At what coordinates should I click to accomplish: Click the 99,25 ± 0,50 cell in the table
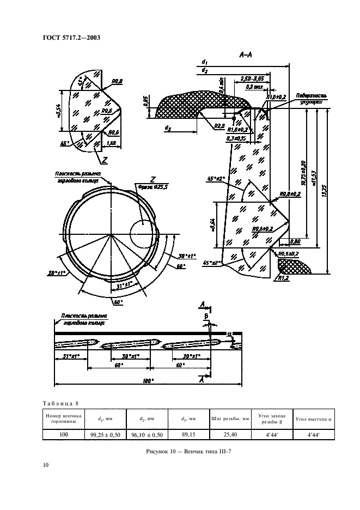click(x=107, y=434)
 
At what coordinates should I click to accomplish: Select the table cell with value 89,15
click(x=188, y=434)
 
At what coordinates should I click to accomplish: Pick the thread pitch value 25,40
click(x=229, y=434)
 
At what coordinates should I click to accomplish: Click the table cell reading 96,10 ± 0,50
click(x=148, y=434)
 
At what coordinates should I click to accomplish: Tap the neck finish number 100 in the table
click(x=64, y=434)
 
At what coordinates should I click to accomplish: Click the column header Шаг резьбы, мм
click(x=229, y=418)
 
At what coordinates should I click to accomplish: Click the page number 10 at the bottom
click(x=45, y=464)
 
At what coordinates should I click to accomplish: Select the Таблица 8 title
click(x=60, y=403)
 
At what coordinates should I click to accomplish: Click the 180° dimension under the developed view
click(x=148, y=381)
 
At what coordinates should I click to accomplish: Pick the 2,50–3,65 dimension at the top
click(x=252, y=80)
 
